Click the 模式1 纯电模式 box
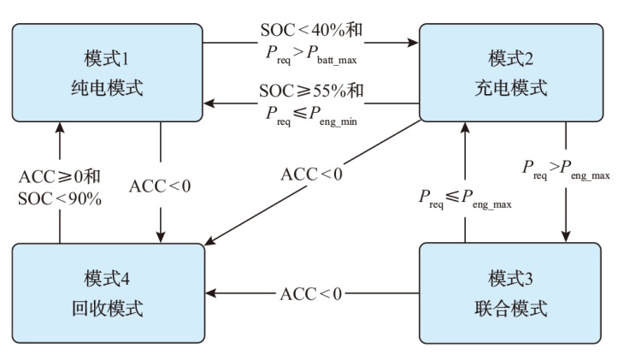coord(107,73)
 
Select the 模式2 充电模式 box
coord(510,73)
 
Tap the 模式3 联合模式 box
coord(510,293)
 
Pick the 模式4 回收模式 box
coord(107,293)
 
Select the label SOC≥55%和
coord(311,91)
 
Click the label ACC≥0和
coord(60,177)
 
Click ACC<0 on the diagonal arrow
coord(312,174)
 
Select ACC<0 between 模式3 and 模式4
coord(311,294)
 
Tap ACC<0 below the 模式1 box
coord(161,186)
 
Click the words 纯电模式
coord(107,87)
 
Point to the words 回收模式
coord(107,308)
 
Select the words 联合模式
coord(510,308)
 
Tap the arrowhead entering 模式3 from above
coord(565,238)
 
